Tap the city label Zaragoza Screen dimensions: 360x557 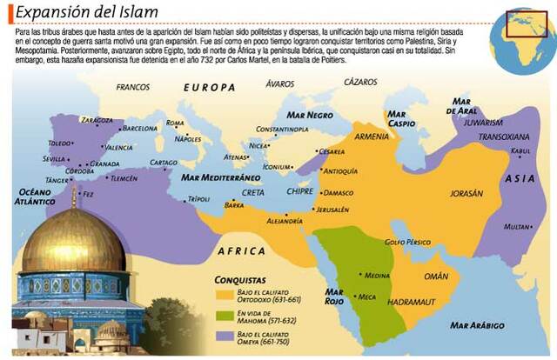click(97, 120)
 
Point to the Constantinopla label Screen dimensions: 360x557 click(276, 129)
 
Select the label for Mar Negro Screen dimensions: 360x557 click(308, 114)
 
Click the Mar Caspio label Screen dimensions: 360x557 click(401, 118)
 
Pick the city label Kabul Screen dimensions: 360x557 click(522, 151)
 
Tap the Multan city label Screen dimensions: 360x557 click(518, 226)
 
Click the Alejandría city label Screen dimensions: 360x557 click(285, 221)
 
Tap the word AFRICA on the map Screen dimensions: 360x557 click(241, 250)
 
